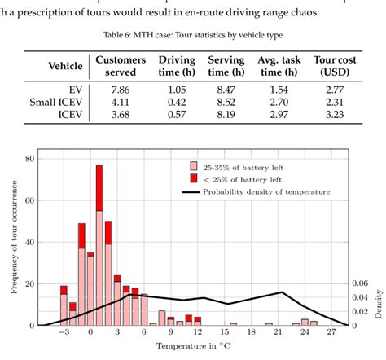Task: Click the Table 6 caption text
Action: pyautogui.click(x=193, y=36)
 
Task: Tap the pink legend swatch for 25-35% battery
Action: pyautogui.click(x=193, y=167)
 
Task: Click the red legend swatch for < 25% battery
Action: pyautogui.click(x=193, y=178)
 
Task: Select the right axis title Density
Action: pyautogui.click(x=379, y=302)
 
